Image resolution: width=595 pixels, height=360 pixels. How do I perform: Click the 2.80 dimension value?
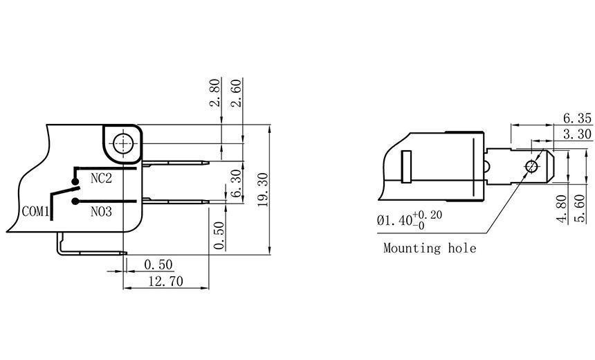coord(215,92)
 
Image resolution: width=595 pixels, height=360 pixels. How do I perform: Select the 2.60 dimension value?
coord(235,92)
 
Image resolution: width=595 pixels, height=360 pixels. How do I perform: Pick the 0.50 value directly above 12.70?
coord(158,264)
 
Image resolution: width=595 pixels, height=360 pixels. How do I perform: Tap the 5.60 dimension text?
coord(583,209)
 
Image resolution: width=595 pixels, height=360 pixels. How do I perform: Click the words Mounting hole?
coord(430,248)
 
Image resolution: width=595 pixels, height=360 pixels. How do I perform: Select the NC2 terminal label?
coord(101,179)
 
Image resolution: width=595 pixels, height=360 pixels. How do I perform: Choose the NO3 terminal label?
coord(101,210)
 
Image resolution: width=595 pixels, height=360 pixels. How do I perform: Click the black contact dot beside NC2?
coord(75,179)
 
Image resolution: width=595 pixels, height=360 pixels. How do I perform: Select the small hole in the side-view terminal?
coord(531,167)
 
